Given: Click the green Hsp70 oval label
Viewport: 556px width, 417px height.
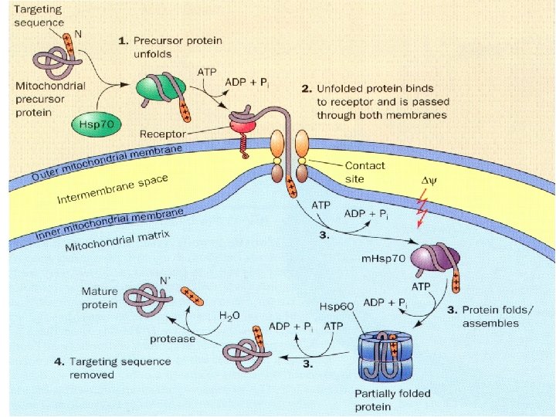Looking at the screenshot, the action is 96,124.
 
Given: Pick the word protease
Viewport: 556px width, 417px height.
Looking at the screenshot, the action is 172,339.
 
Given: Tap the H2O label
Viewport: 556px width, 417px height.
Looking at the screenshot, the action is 229,316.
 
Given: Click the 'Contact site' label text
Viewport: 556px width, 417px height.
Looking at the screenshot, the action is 364,172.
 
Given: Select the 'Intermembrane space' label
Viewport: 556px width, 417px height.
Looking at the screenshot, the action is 113,190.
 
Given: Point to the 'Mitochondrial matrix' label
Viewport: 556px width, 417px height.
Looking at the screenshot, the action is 117,241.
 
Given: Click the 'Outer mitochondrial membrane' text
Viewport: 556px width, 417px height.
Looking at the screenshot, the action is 107,163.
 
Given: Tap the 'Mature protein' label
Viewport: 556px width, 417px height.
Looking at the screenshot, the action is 100,298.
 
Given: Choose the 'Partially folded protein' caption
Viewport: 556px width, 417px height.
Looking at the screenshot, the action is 392,400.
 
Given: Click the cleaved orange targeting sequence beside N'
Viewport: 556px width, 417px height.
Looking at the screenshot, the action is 192,297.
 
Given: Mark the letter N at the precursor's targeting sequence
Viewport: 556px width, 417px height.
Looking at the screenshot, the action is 78,35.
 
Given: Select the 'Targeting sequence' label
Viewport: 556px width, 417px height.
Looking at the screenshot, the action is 39,16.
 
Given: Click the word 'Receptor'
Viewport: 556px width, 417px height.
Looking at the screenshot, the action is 163,134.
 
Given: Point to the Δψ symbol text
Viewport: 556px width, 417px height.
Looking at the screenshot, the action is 429,181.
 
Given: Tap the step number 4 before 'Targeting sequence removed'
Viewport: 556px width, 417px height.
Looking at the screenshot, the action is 59,362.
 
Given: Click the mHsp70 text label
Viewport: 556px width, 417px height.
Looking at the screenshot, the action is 383,259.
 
